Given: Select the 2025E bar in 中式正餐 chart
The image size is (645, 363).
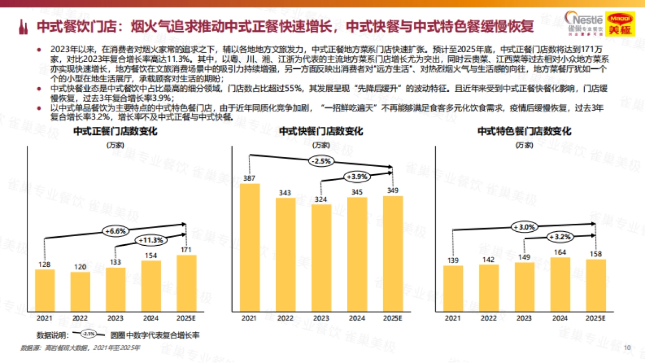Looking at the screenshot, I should pyautogui.click(x=187, y=282).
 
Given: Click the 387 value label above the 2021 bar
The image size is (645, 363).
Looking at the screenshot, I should pyautogui.click(x=248, y=178).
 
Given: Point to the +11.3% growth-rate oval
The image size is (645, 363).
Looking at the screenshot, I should pyautogui.click(x=150, y=240).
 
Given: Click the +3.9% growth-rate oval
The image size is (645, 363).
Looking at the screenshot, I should pyautogui.click(x=357, y=176).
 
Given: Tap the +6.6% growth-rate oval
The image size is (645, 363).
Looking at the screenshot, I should pyautogui.click(x=115, y=231).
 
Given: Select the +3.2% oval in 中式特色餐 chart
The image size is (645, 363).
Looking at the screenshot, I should pyautogui.click(x=560, y=237).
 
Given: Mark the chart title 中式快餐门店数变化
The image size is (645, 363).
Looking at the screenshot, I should pyautogui.click(x=321, y=132).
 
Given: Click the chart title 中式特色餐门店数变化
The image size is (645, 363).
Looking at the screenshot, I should pyautogui.click(x=525, y=132).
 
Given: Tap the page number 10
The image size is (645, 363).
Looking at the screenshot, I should pyautogui.click(x=627, y=347).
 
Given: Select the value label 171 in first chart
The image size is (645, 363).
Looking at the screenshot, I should pyautogui.click(x=187, y=250).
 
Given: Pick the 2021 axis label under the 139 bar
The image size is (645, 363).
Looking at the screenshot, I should pyautogui.click(x=453, y=318).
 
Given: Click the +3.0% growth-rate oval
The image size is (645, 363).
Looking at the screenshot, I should pyautogui.click(x=524, y=227).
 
